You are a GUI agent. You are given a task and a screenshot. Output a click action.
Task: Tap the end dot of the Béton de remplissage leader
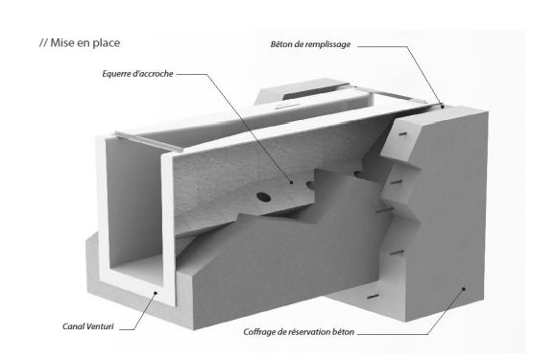click(442, 109)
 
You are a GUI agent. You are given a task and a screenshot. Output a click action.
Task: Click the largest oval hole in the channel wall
click(264, 195)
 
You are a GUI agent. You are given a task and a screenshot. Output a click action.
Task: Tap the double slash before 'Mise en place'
click(41, 42)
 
